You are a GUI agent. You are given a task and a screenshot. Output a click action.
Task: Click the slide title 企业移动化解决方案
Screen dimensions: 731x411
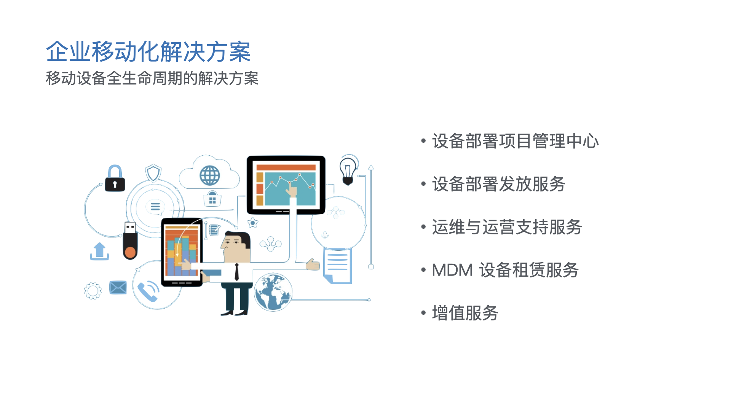(x=148, y=51)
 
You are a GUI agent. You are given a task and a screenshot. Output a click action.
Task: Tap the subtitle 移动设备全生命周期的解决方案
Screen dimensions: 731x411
(x=152, y=78)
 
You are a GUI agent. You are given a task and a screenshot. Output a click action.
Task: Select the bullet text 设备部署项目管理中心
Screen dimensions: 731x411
(x=516, y=141)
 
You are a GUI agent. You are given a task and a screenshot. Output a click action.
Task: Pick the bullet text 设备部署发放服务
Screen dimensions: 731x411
(x=499, y=184)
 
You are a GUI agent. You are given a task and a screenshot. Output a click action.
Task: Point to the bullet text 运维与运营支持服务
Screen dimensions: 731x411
(x=507, y=227)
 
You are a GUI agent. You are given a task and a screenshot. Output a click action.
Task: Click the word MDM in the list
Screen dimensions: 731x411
(x=452, y=270)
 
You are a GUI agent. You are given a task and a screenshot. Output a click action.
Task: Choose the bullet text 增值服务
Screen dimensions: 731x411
(x=465, y=313)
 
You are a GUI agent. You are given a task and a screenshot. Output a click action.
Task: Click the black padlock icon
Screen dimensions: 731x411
(x=115, y=178)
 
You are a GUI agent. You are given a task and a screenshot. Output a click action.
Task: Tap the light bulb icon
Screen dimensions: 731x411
(x=348, y=171)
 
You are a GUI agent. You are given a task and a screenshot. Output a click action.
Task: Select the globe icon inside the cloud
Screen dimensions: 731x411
(x=210, y=175)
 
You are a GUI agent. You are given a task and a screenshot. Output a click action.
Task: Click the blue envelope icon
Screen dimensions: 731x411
(x=118, y=287)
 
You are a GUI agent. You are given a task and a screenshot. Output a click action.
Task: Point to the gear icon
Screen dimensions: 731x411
(x=93, y=291)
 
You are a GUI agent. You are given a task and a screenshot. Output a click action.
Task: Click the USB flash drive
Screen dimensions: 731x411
(x=130, y=241)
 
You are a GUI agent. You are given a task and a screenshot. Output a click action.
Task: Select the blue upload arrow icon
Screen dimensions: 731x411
(x=99, y=251)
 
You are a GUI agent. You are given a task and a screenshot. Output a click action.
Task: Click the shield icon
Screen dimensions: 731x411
(x=153, y=173)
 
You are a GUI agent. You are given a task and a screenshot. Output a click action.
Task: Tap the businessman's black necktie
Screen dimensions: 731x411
(x=236, y=272)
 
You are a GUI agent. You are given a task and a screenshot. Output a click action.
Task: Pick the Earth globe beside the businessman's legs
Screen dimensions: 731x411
(x=273, y=292)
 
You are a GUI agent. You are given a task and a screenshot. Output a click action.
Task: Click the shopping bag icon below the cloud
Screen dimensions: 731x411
(x=212, y=199)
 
